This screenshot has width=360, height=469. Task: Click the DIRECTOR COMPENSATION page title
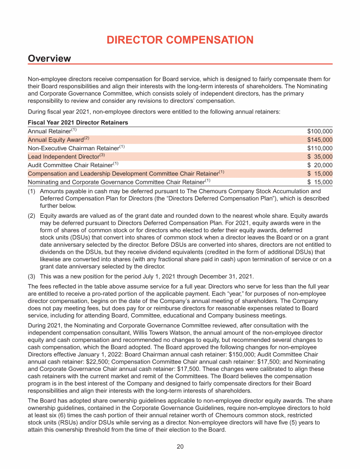pos(180,40)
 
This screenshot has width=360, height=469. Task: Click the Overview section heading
pos(49,59)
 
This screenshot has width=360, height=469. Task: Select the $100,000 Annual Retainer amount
pos(320,131)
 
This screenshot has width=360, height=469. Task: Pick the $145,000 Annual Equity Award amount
pos(320,140)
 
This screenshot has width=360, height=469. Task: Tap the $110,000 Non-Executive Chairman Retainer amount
pos(320,148)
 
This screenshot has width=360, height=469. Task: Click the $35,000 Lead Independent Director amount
pos(320,157)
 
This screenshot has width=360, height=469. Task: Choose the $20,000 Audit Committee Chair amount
pos(320,165)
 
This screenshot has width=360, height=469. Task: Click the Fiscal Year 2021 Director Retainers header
pos(78,122)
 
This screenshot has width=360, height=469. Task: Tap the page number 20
pos(180,446)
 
